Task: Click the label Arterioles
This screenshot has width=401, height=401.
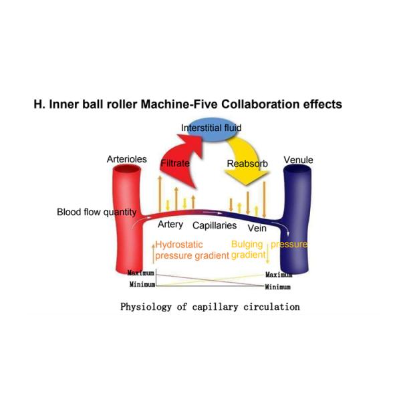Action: coord(126,159)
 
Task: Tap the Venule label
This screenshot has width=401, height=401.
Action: coord(298,160)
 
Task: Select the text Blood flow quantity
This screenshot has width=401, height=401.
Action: coord(96,213)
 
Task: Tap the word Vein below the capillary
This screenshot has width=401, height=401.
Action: coord(257,227)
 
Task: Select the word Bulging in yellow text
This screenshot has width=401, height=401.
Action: coord(247,245)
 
